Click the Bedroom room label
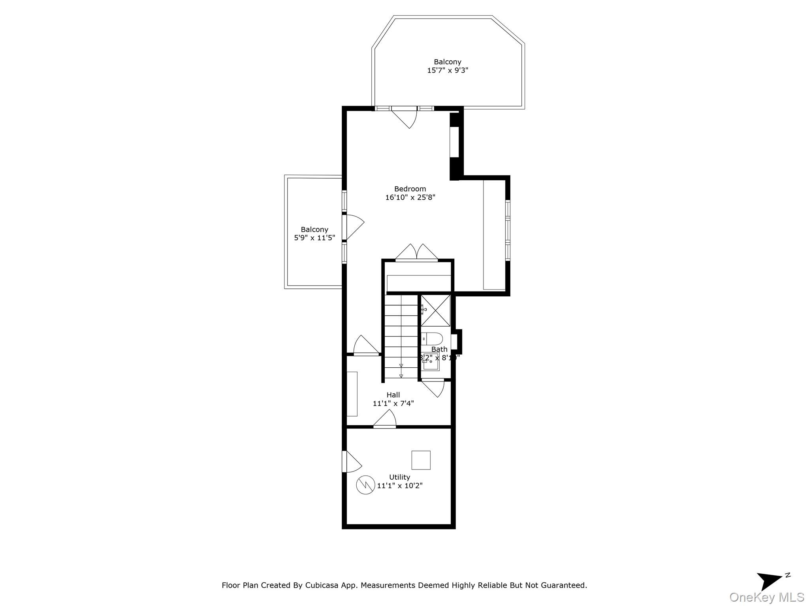click(410, 189)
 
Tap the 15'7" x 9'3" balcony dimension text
click(448, 71)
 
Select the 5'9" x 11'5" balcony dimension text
click(314, 238)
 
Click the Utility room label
click(399, 477)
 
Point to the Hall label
click(393, 395)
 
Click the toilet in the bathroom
click(433, 338)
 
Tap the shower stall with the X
click(435, 310)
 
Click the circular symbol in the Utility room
click(365, 485)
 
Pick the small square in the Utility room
click(421, 460)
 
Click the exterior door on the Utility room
click(352, 461)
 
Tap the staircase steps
click(401, 335)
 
